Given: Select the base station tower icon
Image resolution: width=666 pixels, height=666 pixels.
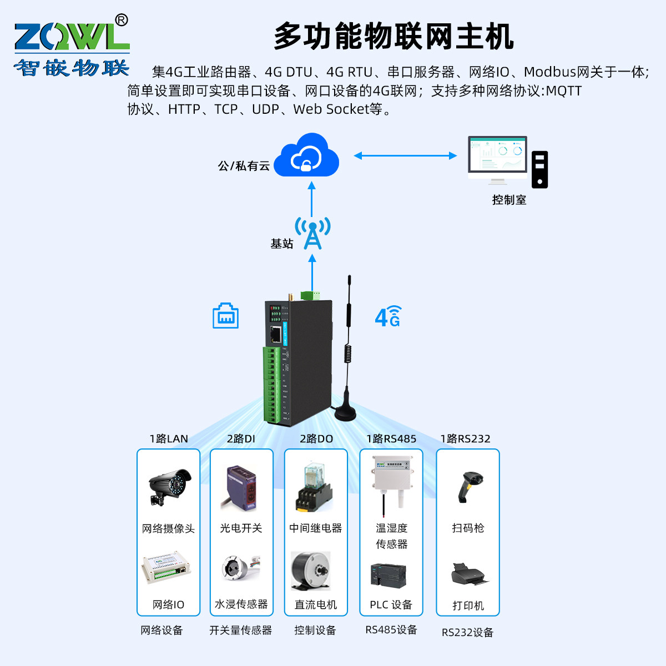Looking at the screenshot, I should click(x=312, y=233).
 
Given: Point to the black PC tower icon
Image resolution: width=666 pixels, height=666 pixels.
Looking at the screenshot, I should click(x=539, y=169).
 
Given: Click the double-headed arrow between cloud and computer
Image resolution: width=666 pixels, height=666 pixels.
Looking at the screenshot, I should click(x=405, y=156).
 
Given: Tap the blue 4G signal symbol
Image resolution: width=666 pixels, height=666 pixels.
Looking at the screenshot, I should click(x=388, y=316).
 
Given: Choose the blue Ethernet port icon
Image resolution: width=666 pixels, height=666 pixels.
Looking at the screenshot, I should click(x=225, y=316).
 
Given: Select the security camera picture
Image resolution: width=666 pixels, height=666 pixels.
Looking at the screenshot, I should click(x=169, y=486).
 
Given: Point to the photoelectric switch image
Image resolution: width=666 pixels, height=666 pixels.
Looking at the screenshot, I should click(x=241, y=488).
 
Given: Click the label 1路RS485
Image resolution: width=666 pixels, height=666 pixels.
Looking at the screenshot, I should click(x=391, y=439).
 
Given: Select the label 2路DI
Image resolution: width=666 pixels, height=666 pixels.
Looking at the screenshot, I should click(x=241, y=439).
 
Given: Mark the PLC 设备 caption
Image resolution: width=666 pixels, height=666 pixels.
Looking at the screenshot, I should click(x=391, y=604).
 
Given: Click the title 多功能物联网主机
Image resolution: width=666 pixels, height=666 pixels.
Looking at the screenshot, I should click(x=393, y=37).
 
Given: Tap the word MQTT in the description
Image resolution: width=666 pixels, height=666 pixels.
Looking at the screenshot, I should click(x=563, y=90).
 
